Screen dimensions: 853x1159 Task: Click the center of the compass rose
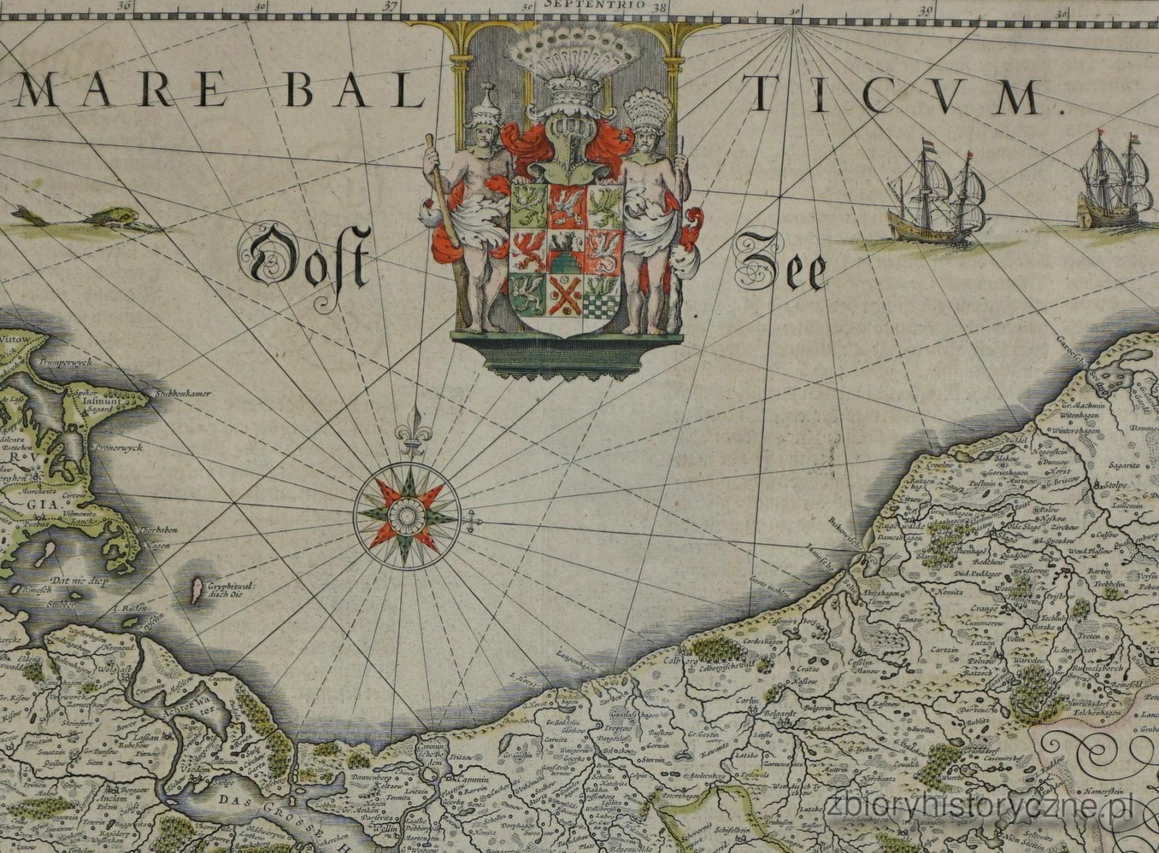407,515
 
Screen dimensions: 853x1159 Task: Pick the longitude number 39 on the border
925,9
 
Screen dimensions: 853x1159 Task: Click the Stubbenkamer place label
182,394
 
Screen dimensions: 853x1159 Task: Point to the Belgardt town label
782,713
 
